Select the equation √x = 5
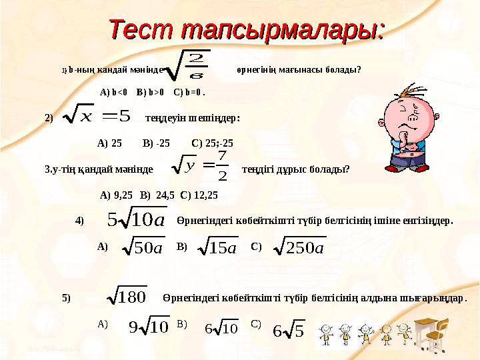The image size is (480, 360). pyautogui.click(x=93, y=119)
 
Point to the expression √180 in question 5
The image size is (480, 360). pyautogui.click(x=129, y=297)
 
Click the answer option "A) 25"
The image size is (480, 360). pyautogui.click(x=109, y=143)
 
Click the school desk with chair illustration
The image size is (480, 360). pyautogui.click(x=433, y=330)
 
